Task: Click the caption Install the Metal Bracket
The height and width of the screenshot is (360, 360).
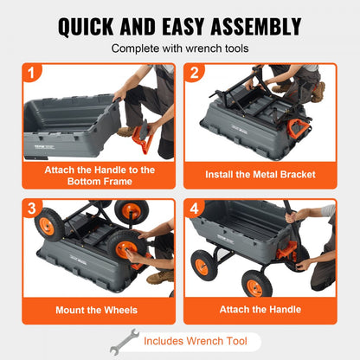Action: (260, 174)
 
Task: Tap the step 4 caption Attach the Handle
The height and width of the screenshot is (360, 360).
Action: (260, 309)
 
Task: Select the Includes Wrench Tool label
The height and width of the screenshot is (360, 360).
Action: (196, 340)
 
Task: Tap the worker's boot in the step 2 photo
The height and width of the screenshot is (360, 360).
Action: (318, 92)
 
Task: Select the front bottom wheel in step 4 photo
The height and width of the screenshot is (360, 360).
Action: (257, 282)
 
